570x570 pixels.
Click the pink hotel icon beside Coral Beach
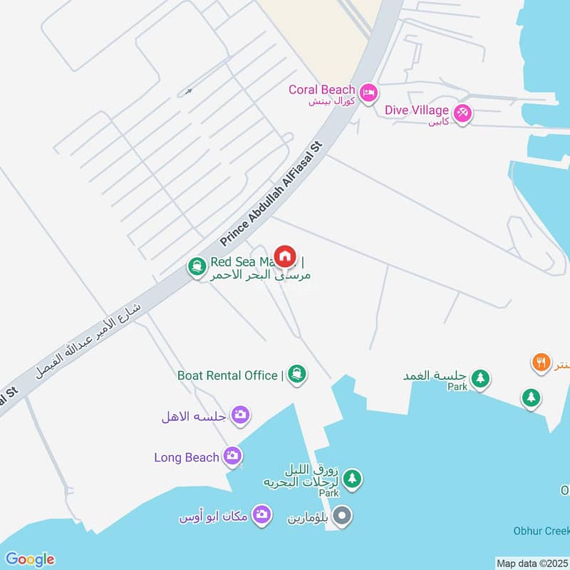(x=368, y=93)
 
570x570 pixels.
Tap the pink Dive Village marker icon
(x=462, y=113)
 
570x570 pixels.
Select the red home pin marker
(x=285, y=256)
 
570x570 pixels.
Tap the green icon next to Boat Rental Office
(x=297, y=375)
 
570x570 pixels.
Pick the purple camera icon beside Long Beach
(x=232, y=456)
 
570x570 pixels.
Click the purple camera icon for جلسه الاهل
(x=241, y=415)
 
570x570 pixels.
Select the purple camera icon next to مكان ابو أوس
(x=262, y=514)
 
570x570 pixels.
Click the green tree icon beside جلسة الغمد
(x=480, y=378)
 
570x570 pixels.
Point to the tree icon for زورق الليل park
(x=351, y=478)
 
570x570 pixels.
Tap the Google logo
(x=29, y=559)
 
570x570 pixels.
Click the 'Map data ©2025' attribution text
(x=531, y=563)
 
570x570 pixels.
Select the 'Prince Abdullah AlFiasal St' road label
(x=271, y=194)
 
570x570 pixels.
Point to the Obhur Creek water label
(x=542, y=531)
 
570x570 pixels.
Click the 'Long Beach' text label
(x=187, y=457)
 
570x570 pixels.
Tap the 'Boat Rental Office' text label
(x=227, y=375)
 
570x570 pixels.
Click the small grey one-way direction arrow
(x=188, y=91)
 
